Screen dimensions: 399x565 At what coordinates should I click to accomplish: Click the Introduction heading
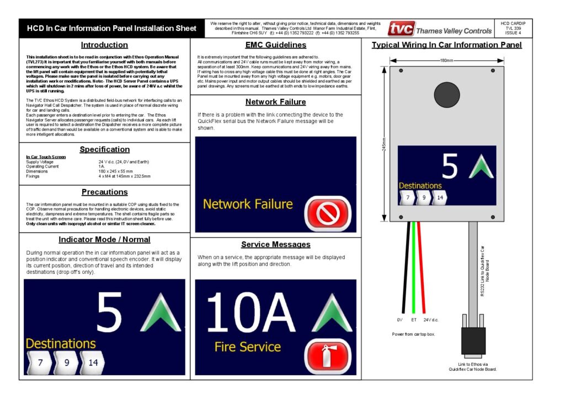[x=104, y=45]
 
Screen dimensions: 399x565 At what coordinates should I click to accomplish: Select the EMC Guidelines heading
[x=275, y=45]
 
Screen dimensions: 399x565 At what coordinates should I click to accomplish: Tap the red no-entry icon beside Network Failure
[x=327, y=213]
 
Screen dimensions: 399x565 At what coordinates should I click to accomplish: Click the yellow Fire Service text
[x=248, y=347]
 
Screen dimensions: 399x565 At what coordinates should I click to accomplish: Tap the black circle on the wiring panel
[x=446, y=95]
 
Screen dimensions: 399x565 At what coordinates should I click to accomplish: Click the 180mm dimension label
[x=447, y=60]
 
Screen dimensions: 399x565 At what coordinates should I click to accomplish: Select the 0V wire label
[x=399, y=320]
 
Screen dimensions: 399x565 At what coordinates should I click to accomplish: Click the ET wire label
[x=413, y=320]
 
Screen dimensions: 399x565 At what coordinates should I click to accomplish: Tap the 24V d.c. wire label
[x=431, y=320]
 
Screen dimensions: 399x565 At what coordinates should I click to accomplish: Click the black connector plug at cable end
[x=473, y=341]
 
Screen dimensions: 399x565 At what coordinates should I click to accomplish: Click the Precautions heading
[x=104, y=192]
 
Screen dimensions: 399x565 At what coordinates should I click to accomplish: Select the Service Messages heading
[x=275, y=244]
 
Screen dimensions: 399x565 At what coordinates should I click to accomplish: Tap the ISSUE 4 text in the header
[x=513, y=34]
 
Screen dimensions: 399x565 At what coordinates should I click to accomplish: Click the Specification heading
[x=104, y=149]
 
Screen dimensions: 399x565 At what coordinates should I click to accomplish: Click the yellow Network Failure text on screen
[x=248, y=204]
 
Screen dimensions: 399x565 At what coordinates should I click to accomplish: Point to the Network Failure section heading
[x=275, y=102]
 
